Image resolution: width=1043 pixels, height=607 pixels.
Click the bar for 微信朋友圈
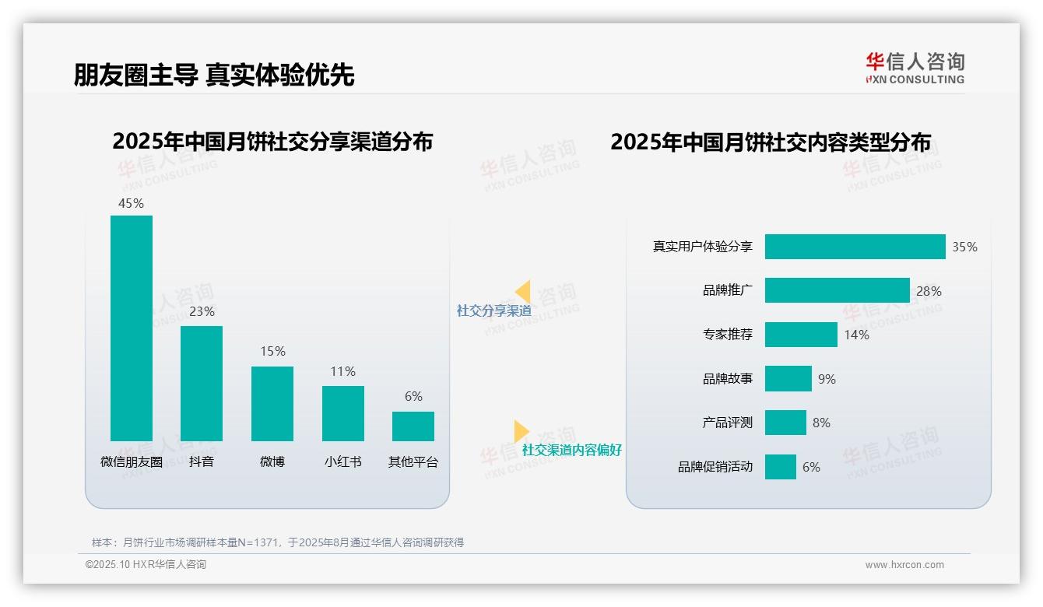132,328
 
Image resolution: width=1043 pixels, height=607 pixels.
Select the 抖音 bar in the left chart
202,383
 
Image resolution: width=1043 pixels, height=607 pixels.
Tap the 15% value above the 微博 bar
272,351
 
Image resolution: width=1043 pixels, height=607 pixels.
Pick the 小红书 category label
342,461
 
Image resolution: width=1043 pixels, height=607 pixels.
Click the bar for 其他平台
413,426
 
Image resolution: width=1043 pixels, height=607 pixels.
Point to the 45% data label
131,203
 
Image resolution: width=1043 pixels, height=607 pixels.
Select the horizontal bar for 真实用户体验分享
855,247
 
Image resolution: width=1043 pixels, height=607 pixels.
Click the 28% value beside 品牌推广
929,291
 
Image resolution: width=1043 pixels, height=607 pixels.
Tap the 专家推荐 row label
727,335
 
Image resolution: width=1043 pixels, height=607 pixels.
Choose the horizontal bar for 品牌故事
788,379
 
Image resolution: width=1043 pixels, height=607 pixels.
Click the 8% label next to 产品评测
821,423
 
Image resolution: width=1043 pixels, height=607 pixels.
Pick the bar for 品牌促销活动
780,467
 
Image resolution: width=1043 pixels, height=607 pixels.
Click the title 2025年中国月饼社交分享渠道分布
272,142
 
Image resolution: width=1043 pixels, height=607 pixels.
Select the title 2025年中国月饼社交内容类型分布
770,142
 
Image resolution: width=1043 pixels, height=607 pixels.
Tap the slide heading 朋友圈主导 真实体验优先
214,75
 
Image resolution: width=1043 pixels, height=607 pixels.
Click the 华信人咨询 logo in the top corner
915,68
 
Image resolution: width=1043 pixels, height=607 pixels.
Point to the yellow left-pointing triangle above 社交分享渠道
523,292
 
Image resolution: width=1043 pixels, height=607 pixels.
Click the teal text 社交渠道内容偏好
571,450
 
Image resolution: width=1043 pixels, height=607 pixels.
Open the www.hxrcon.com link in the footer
904,565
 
